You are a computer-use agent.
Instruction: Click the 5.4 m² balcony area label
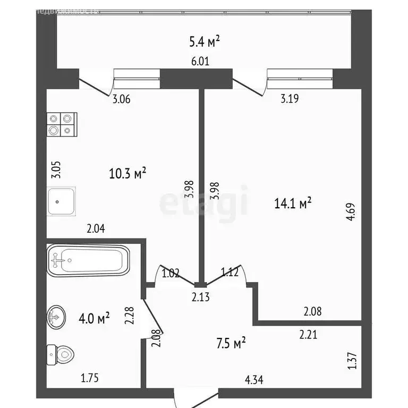point(204,40)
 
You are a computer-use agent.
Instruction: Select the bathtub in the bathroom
point(88,260)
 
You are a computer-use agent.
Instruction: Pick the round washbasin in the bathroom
point(56,317)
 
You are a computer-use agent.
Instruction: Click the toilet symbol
point(60,353)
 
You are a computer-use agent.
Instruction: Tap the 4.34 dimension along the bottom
point(254,380)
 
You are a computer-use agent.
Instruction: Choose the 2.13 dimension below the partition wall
point(201,297)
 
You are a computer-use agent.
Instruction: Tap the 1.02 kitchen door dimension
point(171,274)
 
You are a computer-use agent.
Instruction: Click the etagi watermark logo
point(203,202)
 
